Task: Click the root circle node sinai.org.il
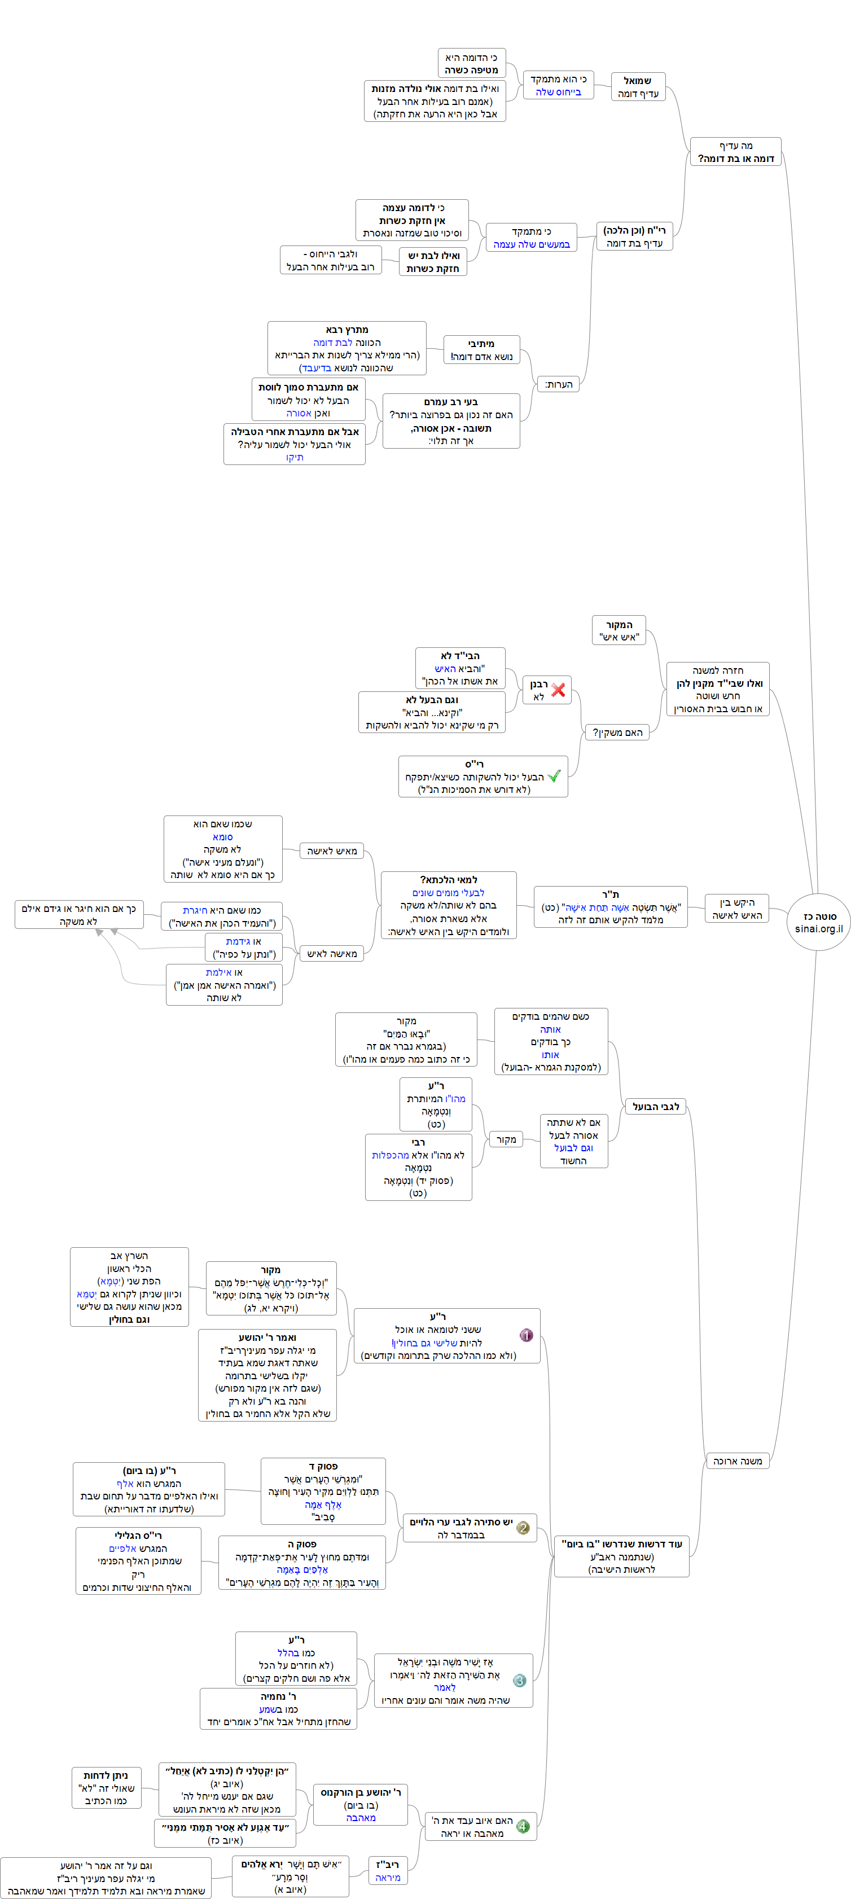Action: pyautogui.click(x=818, y=922)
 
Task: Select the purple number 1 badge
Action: pyautogui.click(x=526, y=1335)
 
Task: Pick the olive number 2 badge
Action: pyautogui.click(x=523, y=1528)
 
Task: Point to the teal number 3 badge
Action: pyautogui.click(x=519, y=1681)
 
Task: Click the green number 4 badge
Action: pyautogui.click(x=523, y=1826)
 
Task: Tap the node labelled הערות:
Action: pyautogui.click(x=558, y=384)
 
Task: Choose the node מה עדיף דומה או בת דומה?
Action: pyautogui.click(x=735, y=152)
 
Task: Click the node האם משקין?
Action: pyautogui.click(x=617, y=732)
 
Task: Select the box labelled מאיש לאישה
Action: pyautogui.click(x=332, y=850)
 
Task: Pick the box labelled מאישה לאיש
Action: pyautogui.click(x=332, y=954)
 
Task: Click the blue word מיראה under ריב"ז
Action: pyautogui.click(x=388, y=1878)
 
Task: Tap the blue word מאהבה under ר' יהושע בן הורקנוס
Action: pyautogui.click(x=361, y=1818)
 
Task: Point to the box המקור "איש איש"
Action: pyautogui.click(x=618, y=630)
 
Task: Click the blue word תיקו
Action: pyautogui.click(x=294, y=457)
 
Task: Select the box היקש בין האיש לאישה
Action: pyautogui.click(x=736, y=909)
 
